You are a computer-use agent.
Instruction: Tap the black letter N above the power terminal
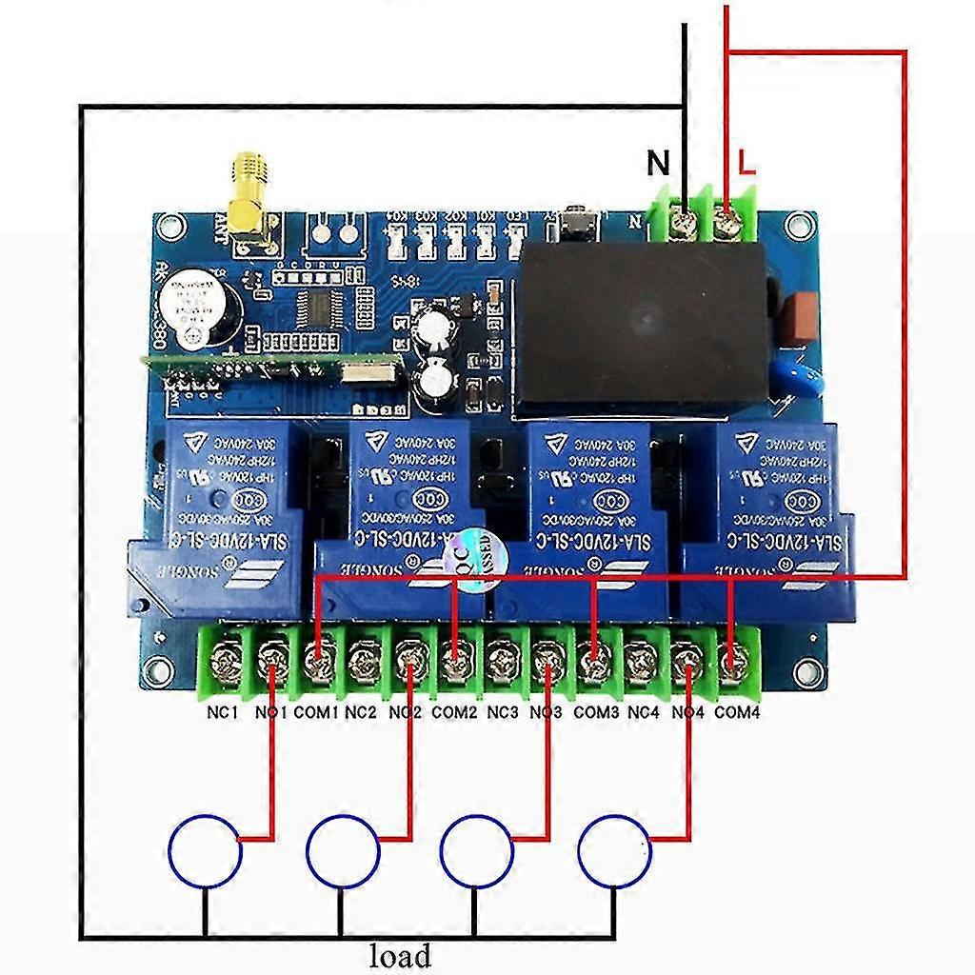(x=658, y=164)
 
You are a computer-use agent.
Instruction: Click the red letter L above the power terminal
(x=747, y=164)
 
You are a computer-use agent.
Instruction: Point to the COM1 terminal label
(x=316, y=711)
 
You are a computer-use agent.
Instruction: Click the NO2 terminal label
(x=406, y=711)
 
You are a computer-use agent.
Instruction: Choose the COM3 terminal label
(x=596, y=711)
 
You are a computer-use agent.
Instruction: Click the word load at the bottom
(x=400, y=954)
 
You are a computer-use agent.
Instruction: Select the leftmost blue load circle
(x=205, y=849)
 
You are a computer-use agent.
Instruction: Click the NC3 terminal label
(x=503, y=711)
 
